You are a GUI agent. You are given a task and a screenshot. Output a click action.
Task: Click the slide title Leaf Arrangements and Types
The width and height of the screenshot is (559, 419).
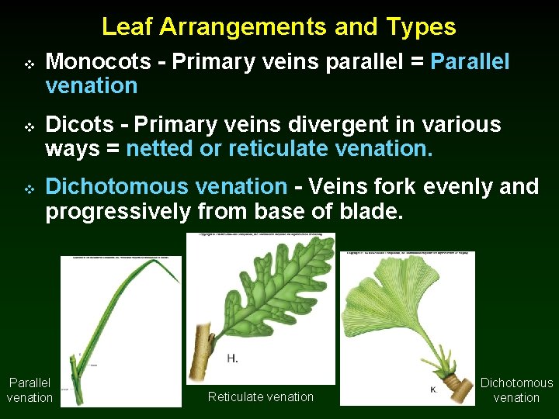point(279,27)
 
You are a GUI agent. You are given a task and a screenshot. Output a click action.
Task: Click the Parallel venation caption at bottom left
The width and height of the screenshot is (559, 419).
point(30,390)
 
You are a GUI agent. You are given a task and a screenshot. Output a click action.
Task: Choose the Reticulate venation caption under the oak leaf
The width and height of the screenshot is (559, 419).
point(261,396)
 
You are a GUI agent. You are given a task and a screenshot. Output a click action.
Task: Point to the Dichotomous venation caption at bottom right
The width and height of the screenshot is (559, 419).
point(516,390)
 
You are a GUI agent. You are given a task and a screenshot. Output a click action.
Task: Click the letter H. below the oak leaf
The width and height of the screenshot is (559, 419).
point(232,358)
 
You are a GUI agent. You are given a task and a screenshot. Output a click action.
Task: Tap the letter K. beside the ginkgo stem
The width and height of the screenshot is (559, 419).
point(433,389)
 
